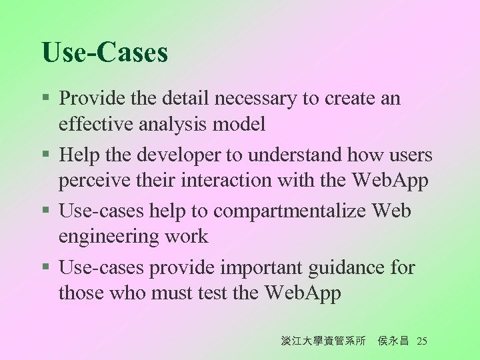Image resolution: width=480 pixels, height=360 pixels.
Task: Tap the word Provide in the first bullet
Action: coord(87,99)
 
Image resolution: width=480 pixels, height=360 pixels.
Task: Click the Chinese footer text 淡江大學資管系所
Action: coord(323,341)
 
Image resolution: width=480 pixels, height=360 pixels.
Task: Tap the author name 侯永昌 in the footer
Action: coord(393,341)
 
